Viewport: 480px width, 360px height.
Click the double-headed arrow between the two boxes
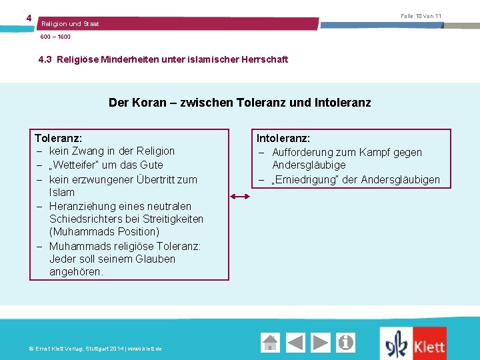pos(240,197)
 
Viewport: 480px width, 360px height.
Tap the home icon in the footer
pos(270,343)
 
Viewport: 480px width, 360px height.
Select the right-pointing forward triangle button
pos(321,343)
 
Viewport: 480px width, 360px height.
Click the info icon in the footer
pos(346,343)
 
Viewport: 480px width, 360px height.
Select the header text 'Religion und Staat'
pos(70,24)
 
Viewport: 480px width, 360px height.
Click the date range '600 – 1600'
pos(55,37)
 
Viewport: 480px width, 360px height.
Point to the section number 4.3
pos(45,59)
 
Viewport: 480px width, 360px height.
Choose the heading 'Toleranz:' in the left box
pos(58,138)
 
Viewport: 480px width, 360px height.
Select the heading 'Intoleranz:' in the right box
pos(283,138)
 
